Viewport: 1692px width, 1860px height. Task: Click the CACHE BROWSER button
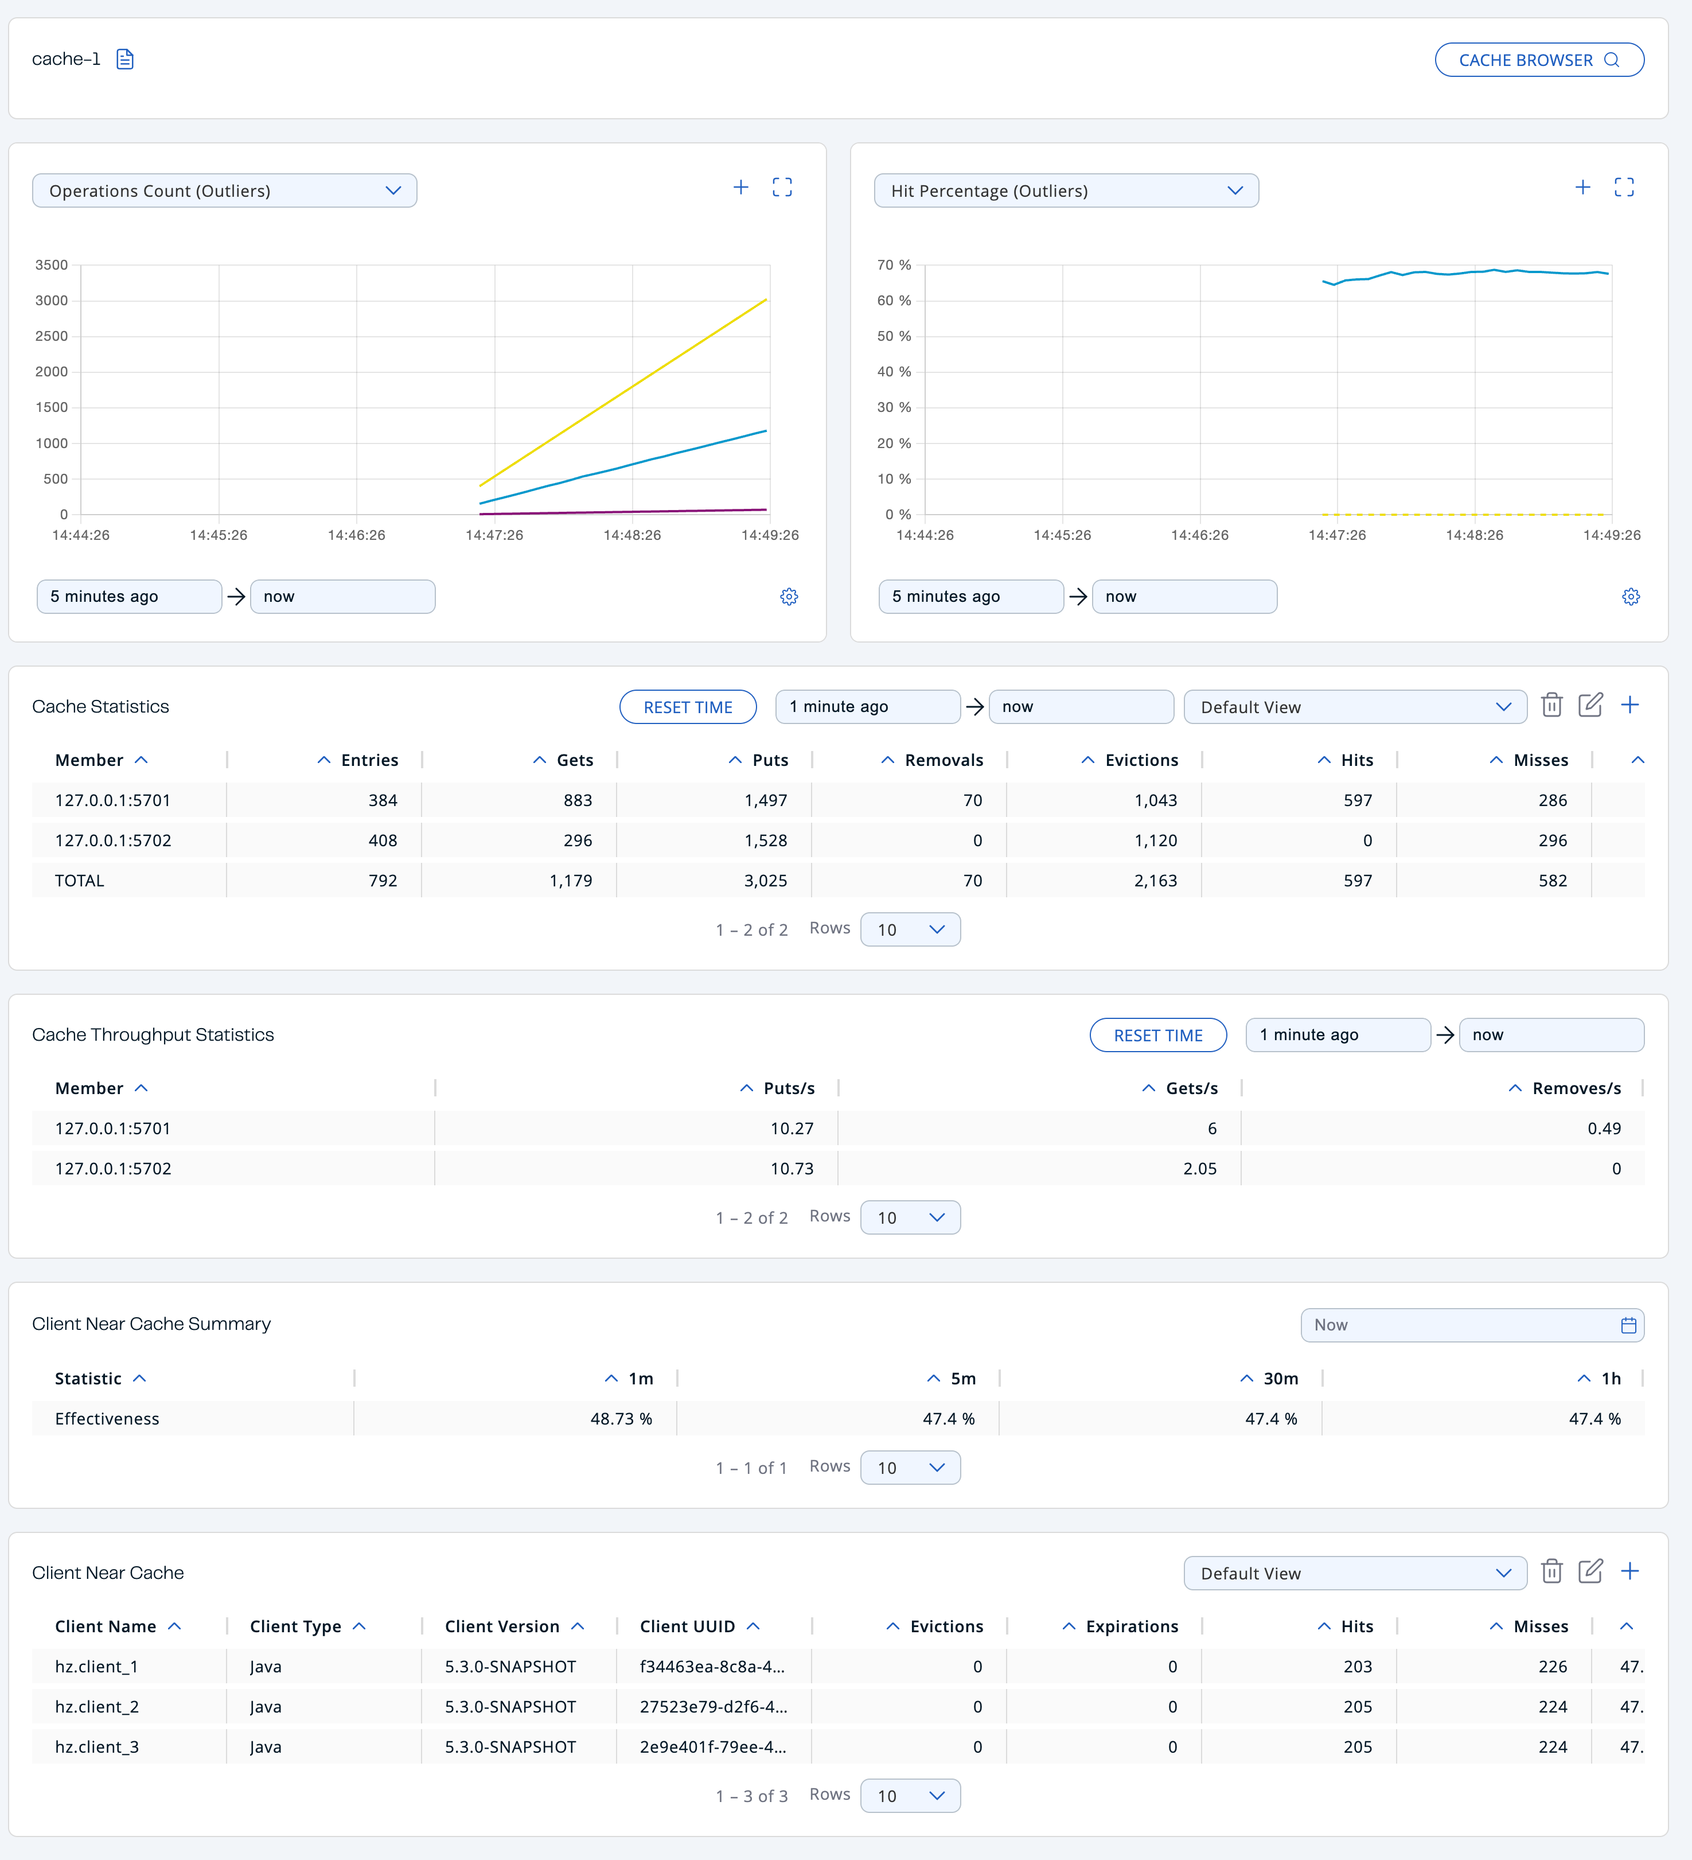click(1538, 60)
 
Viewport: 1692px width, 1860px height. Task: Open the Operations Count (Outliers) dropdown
click(224, 191)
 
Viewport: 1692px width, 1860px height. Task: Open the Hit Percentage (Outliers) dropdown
click(1066, 191)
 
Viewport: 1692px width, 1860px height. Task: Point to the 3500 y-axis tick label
click(52, 265)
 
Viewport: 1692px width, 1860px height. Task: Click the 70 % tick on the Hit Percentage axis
click(893, 265)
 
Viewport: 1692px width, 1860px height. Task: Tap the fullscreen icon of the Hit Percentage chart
click(1624, 187)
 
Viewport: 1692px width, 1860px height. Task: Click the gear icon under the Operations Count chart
click(789, 597)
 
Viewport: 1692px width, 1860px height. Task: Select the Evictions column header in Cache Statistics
click(1141, 760)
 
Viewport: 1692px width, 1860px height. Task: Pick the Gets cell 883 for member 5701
click(578, 800)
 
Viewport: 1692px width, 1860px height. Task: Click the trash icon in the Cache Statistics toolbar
click(1552, 706)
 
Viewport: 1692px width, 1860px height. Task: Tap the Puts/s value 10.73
click(792, 1168)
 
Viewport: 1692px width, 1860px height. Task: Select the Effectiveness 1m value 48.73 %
click(621, 1419)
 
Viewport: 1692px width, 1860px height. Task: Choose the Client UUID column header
click(687, 1626)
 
